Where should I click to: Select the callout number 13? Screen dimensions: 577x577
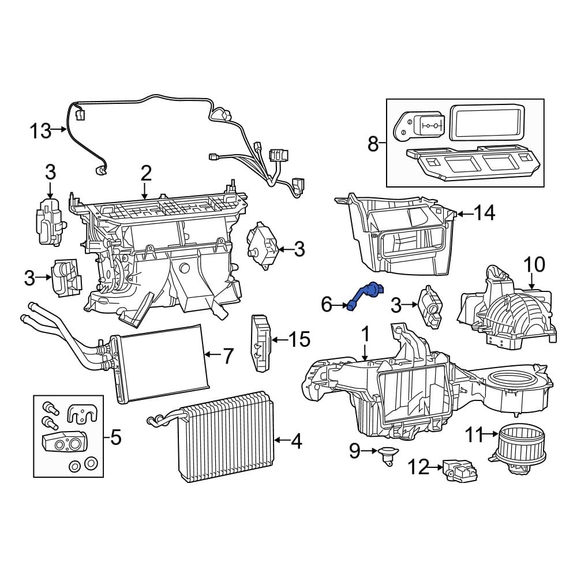(x=41, y=131)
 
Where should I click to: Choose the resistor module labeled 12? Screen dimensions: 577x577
(x=460, y=471)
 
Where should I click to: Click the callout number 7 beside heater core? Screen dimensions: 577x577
(x=228, y=356)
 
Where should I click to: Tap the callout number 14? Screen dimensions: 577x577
(x=484, y=213)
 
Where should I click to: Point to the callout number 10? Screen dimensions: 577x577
(x=534, y=265)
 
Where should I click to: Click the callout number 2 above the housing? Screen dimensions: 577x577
(x=145, y=173)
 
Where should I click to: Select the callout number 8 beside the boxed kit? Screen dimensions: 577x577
(x=373, y=143)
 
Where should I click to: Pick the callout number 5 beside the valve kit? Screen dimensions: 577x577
(x=116, y=438)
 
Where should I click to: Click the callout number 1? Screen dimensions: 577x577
(x=365, y=334)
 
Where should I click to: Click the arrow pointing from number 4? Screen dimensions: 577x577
(x=280, y=441)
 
